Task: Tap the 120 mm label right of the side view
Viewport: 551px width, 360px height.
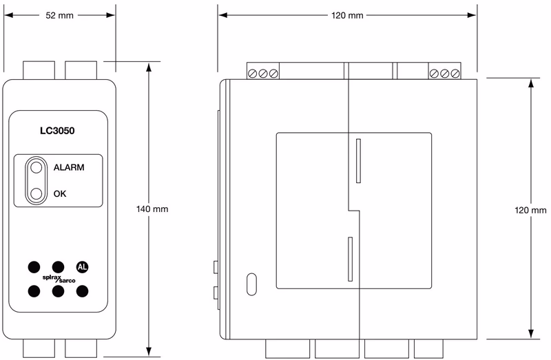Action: coord(530,210)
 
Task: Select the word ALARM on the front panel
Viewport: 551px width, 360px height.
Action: coord(68,167)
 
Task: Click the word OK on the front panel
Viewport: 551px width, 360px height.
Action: coord(60,193)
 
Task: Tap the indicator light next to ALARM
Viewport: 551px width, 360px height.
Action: coord(35,167)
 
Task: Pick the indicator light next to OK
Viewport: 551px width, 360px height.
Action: coord(35,193)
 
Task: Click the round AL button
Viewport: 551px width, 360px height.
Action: coord(83,267)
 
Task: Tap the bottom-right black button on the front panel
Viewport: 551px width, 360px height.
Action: coord(83,291)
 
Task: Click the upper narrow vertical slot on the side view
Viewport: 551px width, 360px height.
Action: coord(358,160)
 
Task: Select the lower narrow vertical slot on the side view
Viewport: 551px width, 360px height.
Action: coord(350,260)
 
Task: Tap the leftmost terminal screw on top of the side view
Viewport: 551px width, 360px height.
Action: coord(253,74)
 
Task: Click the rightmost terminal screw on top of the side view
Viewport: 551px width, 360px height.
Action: coord(455,74)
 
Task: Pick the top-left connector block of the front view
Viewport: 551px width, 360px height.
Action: coord(39,70)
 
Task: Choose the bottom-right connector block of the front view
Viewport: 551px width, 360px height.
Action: coord(81,348)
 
